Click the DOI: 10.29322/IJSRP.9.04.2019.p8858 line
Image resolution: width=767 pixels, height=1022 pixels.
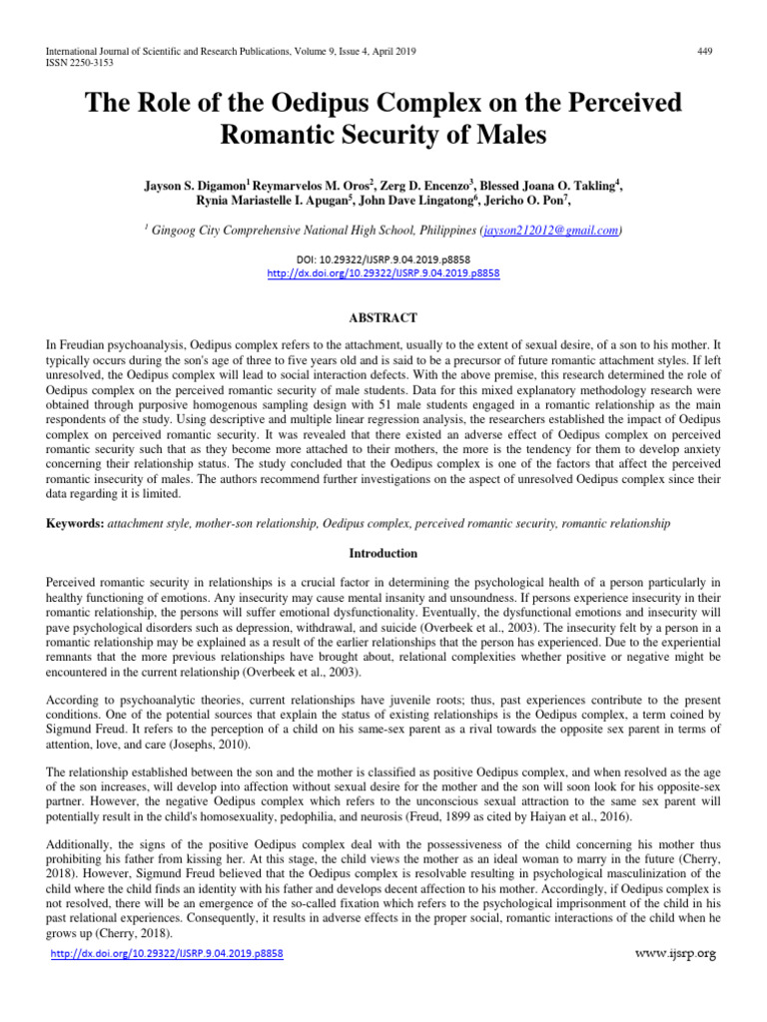click(x=383, y=258)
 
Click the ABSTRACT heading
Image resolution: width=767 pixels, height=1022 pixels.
click(x=383, y=317)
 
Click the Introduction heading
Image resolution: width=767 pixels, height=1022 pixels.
click(x=383, y=553)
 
